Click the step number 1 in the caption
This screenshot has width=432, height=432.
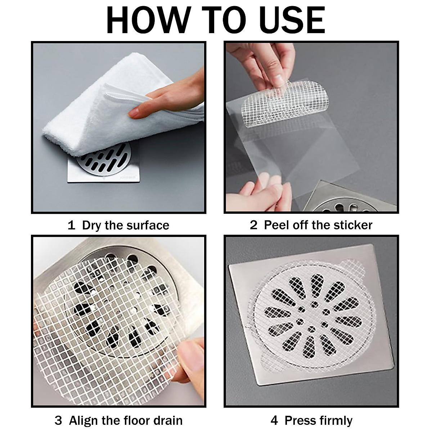click(x=71, y=225)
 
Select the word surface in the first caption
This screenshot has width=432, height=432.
click(x=148, y=225)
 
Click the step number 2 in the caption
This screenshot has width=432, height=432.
click(x=254, y=225)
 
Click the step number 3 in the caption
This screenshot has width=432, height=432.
click(x=58, y=420)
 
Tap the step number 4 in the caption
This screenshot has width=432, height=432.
click(x=274, y=420)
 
